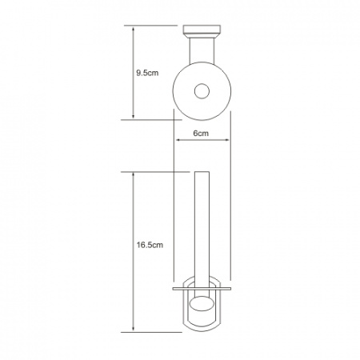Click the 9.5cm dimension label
click(147, 73)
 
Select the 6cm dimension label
click(201, 133)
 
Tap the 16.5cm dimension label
click(150, 245)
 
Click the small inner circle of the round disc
click(202, 91)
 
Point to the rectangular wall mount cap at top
click(202, 30)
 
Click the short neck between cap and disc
click(202, 50)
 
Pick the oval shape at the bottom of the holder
click(202, 304)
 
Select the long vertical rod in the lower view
click(202, 234)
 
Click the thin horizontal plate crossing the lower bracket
click(202, 289)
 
